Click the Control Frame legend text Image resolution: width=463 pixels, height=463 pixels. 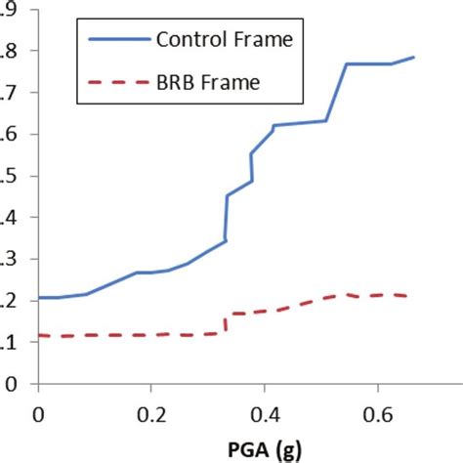225,40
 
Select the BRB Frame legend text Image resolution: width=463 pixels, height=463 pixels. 208,84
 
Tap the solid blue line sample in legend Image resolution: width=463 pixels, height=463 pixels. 115,41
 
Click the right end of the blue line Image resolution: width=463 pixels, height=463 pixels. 414,57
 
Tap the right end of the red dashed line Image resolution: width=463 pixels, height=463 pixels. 406,296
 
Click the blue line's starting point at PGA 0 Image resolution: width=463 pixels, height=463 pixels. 40,297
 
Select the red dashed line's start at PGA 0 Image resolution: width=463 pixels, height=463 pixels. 40,335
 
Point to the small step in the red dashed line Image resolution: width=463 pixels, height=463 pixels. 227,323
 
